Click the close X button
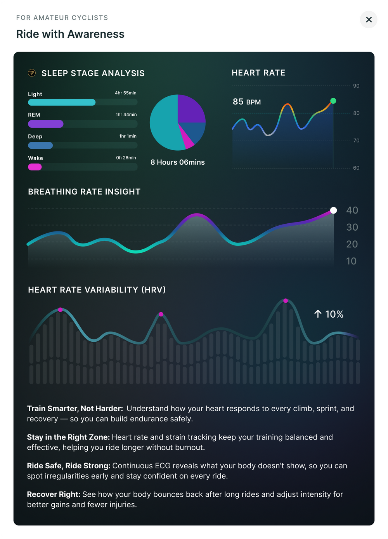(369, 19)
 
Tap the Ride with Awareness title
(70, 34)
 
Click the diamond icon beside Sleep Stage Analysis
(32, 73)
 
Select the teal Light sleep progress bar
(62, 103)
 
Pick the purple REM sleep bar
(45, 124)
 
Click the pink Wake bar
(35, 167)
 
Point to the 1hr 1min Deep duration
(128, 136)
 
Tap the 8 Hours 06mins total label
(178, 162)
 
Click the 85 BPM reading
(247, 102)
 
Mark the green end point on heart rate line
(333, 101)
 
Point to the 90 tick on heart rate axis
(356, 86)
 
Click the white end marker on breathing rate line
(333, 210)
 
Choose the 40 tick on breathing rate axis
(352, 210)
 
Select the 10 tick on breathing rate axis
(351, 261)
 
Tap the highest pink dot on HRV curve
(286, 301)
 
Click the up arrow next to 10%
(318, 314)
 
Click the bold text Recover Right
(54, 494)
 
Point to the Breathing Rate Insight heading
(84, 191)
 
